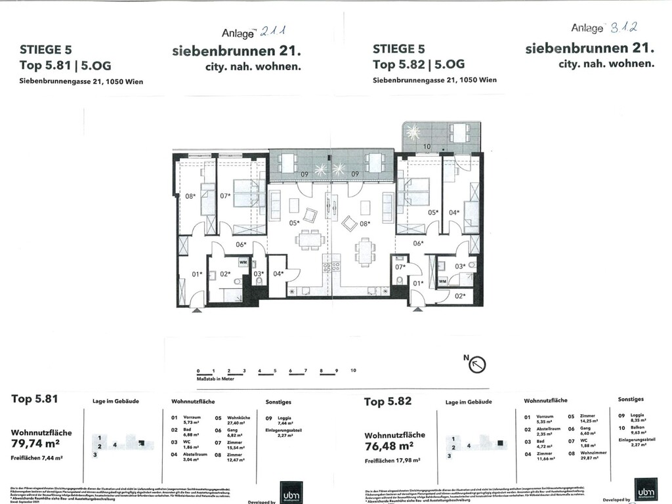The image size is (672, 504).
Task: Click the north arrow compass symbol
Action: pyautogui.click(x=477, y=362)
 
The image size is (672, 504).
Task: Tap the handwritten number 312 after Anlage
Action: pyautogui.click(x=623, y=28)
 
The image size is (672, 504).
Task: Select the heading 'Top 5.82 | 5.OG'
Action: pyautogui.click(x=419, y=64)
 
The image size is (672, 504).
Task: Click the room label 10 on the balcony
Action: pyautogui.click(x=426, y=146)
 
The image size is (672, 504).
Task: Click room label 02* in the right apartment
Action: pyautogui.click(x=460, y=296)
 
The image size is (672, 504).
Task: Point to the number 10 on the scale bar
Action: pyautogui.click(x=352, y=371)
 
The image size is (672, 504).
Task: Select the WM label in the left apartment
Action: pyautogui.click(x=243, y=262)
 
